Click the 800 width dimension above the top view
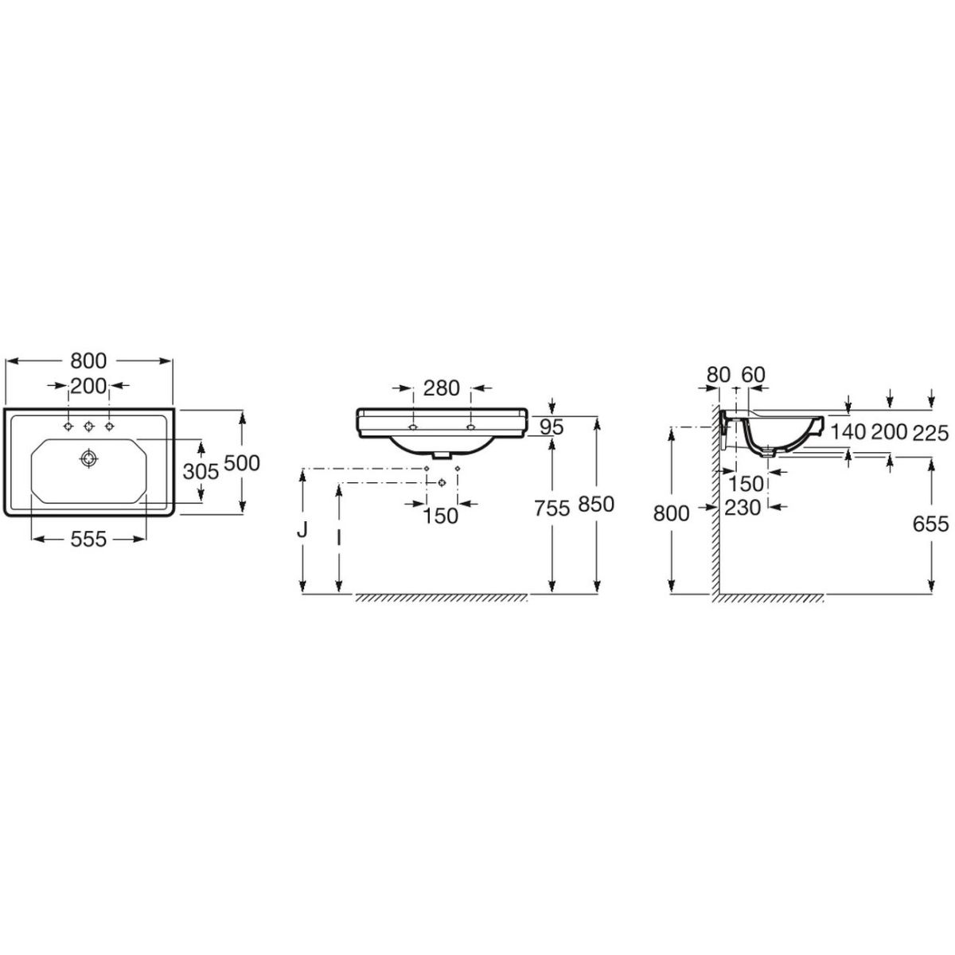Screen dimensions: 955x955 pyautogui.click(x=88, y=361)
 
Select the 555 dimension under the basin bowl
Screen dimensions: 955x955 pyautogui.click(x=88, y=540)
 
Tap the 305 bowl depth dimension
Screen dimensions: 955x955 pyautogui.click(x=201, y=471)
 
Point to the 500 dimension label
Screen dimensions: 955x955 pyautogui.click(x=242, y=463)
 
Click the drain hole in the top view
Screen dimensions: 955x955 pyautogui.click(x=88, y=458)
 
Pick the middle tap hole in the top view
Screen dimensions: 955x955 pyautogui.click(x=88, y=426)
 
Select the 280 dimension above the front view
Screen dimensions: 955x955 pyautogui.click(x=441, y=388)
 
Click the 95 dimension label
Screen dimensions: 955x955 pyautogui.click(x=552, y=427)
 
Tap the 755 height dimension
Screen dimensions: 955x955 pyautogui.click(x=552, y=508)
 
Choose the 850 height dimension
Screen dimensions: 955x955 pyautogui.click(x=596, y=504)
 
